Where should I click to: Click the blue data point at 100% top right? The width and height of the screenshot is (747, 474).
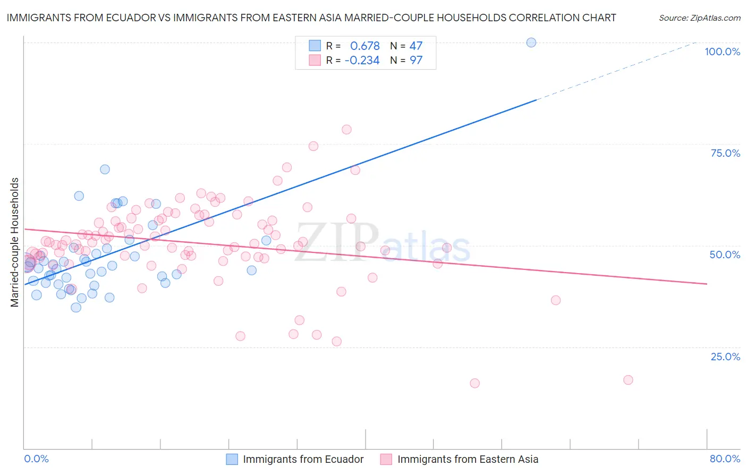(x=531, y=43)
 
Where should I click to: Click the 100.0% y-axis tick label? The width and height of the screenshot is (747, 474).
(x=722, y=52)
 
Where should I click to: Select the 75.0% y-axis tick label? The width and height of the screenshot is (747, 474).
(x=725, y=153)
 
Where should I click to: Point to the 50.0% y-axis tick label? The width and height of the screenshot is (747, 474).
(x=725, y=255)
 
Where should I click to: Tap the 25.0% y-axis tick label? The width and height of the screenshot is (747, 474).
(x=725, y=356)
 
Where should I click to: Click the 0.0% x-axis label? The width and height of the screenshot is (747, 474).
(x=36, y=459)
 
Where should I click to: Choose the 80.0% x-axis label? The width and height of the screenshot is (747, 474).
(x=725, y=459)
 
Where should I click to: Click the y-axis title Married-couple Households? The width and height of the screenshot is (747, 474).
(x=15, y=242)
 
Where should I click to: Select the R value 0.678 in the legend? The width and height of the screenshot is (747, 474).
(x=364, y=46)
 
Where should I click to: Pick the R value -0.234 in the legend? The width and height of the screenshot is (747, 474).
(x=362, y=61)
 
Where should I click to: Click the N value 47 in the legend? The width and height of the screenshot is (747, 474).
(x=415, y=46)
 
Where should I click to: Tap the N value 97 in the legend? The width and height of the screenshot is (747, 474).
(x=415, y=61)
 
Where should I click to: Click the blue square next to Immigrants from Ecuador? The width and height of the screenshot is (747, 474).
(x=232, y=459)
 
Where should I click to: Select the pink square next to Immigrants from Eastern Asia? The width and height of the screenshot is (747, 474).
(x=386, y=459)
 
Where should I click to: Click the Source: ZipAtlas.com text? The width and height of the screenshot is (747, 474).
(x=699, y=18)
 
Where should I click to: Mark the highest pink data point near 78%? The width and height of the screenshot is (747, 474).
(x=346, y=130)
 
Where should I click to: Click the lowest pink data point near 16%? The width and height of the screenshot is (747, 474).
(x=474, y=383)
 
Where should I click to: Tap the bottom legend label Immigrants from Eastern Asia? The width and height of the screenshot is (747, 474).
(x=468, y=459)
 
